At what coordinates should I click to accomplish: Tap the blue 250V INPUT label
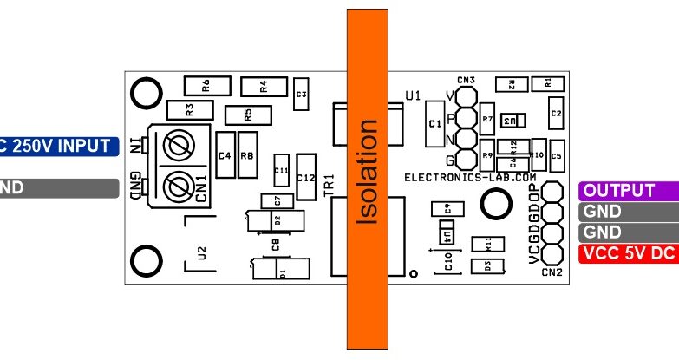[57, 146]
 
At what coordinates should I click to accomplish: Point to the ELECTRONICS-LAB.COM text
[471, 177]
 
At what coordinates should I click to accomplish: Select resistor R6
[206, 85]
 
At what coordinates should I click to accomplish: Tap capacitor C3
[301, 94]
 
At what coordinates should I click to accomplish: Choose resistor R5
[247, 114]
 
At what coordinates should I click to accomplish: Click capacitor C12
[305, 176]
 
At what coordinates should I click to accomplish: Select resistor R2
[512, 84]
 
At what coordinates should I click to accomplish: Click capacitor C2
[556, 113]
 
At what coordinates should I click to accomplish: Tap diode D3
[486, 265]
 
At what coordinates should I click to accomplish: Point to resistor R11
[487, 244]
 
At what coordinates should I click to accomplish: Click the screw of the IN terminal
[179, 146]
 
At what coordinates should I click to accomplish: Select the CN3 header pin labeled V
[466, 96]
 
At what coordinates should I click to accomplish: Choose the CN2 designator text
[552, 272]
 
